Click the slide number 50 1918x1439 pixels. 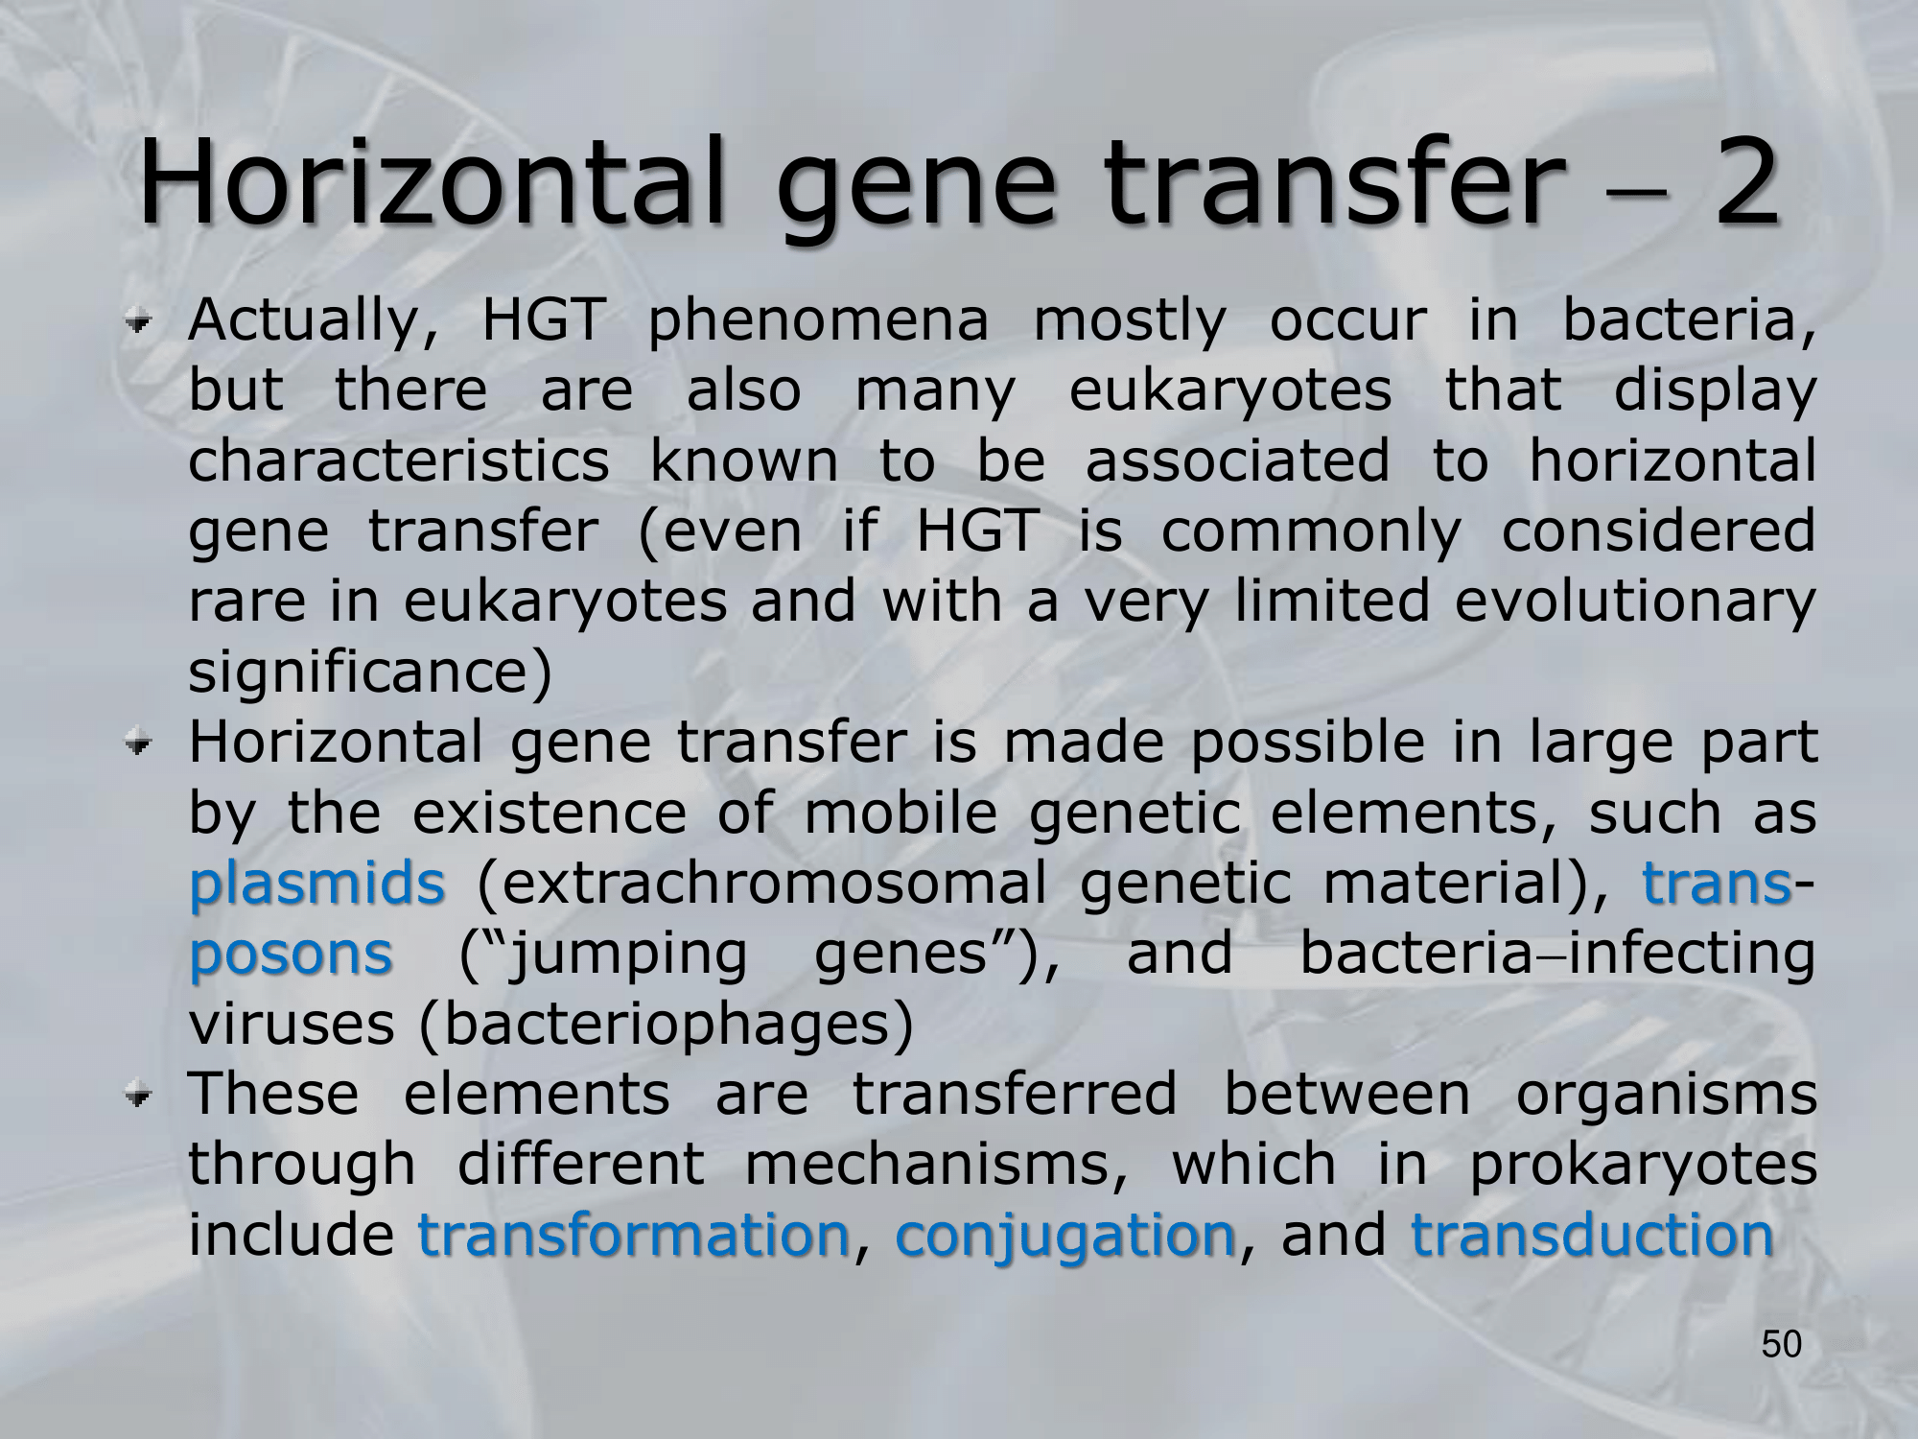click(x=1782, y=1345)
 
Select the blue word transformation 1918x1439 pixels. click(x=634, y=1235)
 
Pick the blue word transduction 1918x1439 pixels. click(x=1592, y=1235)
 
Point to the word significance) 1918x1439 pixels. click(x=370, y=672)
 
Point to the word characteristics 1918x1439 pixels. click(x=399, y=460)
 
